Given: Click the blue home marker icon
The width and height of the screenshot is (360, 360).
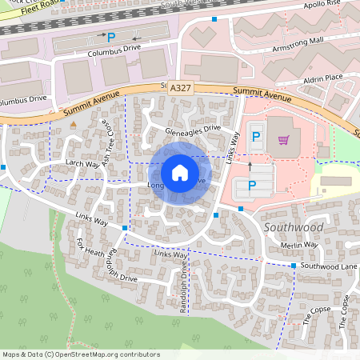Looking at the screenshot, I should point(180,173).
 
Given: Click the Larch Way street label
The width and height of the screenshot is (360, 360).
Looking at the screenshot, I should point(81,162).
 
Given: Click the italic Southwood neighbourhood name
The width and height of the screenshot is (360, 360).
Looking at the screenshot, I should point(292,228).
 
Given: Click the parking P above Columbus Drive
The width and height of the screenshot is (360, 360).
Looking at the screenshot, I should point(111,37).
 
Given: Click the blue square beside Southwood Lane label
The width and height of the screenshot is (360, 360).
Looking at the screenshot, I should point(294,266).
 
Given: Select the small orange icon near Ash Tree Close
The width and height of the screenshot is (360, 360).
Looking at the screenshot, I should point(74,125).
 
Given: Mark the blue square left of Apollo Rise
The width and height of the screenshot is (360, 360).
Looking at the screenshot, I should point(214,18).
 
